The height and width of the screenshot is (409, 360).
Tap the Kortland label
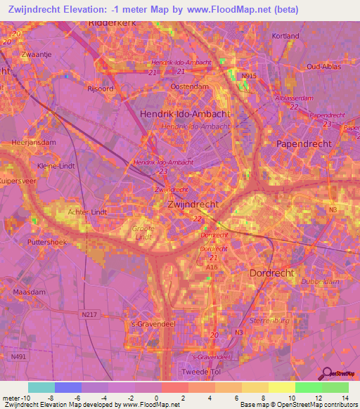(285, 36)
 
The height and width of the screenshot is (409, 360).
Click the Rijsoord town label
(101, 88)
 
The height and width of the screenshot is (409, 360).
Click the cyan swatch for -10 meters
(41, 387)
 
